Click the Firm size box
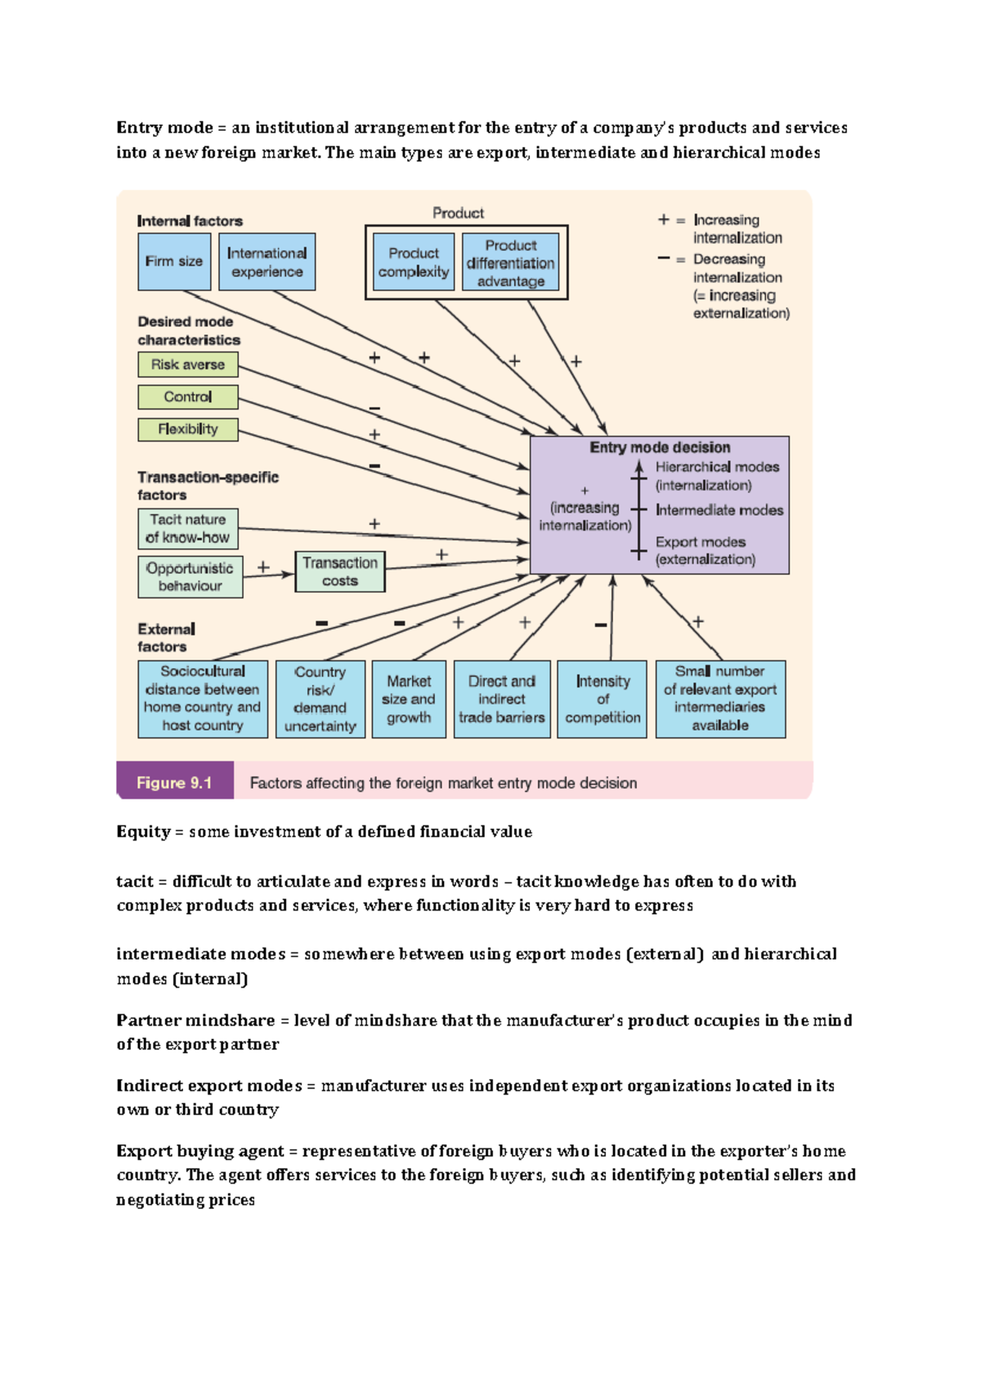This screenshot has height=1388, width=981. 174,262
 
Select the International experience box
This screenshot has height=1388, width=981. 267,262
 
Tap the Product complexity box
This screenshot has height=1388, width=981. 414,262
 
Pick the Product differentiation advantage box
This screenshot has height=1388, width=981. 511,262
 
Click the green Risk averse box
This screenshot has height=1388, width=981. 188,365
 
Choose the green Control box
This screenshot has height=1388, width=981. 188,397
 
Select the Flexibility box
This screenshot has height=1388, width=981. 188,429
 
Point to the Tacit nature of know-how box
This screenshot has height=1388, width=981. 188,529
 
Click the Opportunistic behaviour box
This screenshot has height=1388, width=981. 190,577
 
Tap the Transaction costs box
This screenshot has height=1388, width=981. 340,571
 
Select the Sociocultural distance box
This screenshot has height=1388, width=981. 203,699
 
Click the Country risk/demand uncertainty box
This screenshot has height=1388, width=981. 320,699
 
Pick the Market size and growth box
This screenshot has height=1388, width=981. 409,699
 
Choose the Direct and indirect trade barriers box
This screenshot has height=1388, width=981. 502,699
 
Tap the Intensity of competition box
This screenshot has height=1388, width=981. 602,699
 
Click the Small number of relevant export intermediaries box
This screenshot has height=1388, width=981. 720,699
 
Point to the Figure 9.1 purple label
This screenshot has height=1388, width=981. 174,782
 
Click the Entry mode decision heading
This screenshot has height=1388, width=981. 660,447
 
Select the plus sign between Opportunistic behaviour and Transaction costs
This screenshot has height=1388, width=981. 263,566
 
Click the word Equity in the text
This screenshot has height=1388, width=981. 142,831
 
